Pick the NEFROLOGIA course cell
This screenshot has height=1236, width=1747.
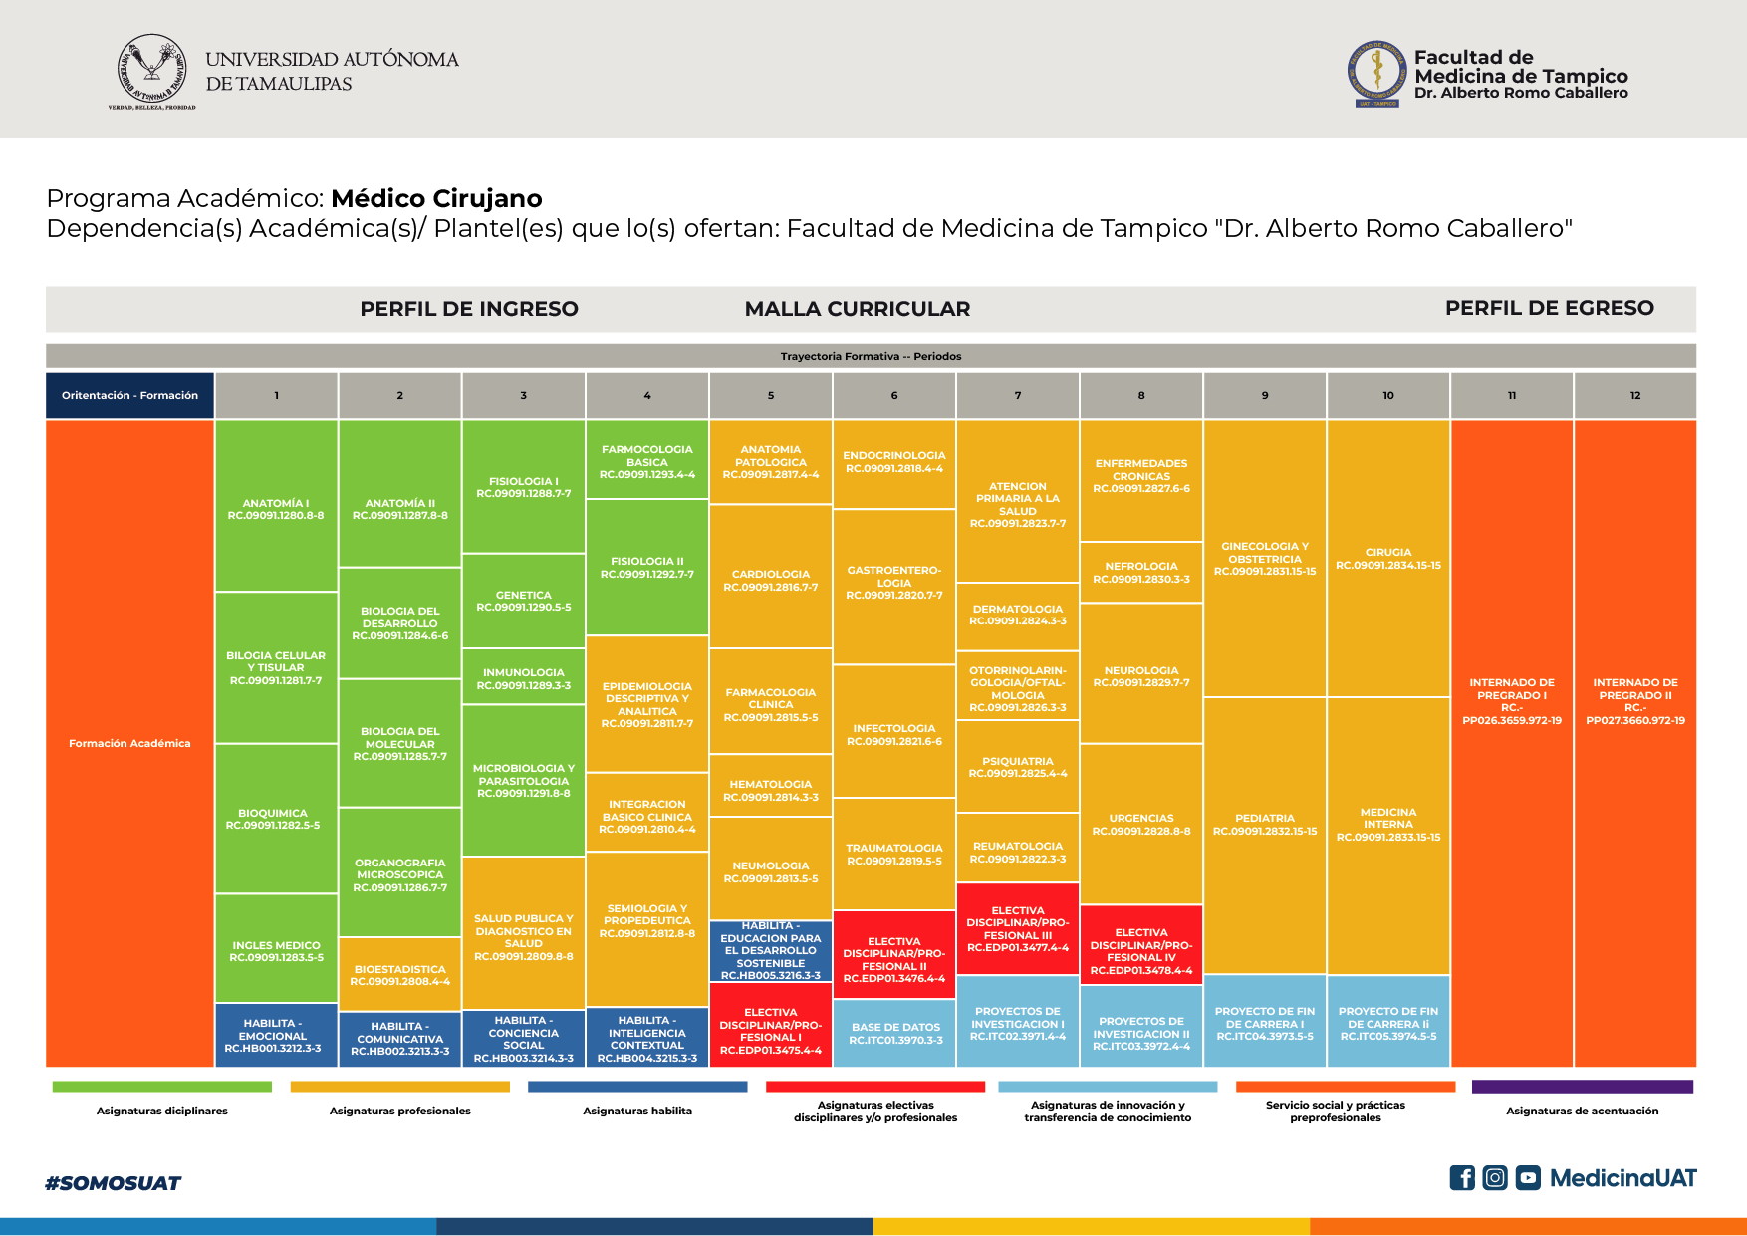coord(1140,572)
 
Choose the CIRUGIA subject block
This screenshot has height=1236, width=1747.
coord(1387,558)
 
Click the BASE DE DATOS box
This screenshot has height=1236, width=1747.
coord(894,1033)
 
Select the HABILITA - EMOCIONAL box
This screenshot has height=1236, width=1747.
coord(276,1035)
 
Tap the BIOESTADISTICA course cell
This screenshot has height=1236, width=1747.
coord(399,974)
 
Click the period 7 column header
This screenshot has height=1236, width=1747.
coord(1017,395)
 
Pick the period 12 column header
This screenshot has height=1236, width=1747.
coord(1634,395)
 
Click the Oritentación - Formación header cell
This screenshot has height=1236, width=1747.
coord(129,395)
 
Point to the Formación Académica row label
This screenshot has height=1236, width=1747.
coord(129,743)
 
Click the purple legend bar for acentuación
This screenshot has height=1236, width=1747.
coord(1582,1087)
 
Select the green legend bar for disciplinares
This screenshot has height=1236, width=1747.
coord(161,1087)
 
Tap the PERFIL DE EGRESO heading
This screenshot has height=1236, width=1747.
coord(1549,308)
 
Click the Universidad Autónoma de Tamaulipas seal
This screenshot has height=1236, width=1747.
coord(151,71)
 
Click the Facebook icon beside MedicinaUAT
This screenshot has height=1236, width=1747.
coord(1461,1178)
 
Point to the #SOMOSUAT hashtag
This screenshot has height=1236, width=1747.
coord(113,1183)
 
